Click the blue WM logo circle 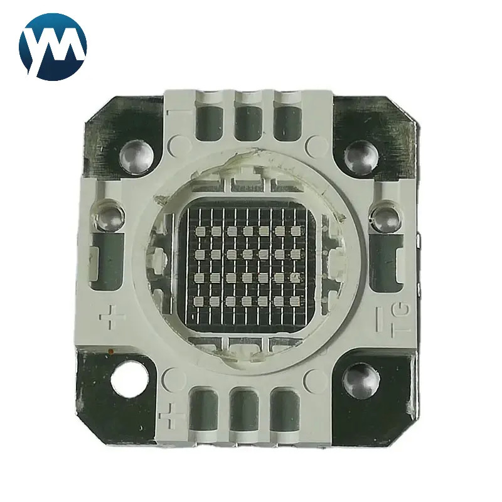pyautogui.click(x=53, y=46)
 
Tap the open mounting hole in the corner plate pyautogui.click(x=129, y=379)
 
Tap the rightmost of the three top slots pyautogui.click(x=288, y=122)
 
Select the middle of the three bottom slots pyautogui.click(x=245, y=411)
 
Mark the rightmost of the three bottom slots pyautogui.click(x=285, y=411)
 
